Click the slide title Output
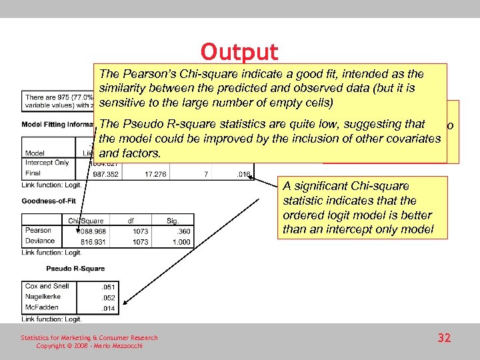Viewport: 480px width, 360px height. (x=239, y=52)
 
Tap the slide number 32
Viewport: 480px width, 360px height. (x=444, y=338)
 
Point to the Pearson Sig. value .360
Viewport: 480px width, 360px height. (x=184, y=231)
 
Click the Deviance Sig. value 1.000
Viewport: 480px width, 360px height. (x=182, y=242)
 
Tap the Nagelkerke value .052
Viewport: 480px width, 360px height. (x=109, y=297)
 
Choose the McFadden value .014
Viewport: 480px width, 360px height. (x=109, y=307)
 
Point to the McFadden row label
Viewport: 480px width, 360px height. (x=41, y=307)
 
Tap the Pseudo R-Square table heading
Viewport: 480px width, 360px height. (x=75, y=269)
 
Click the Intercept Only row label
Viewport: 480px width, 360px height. (x=47, y=163)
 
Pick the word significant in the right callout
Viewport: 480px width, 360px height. (x=321, y=186)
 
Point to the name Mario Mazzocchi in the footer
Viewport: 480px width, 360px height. (x=119, y=345)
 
